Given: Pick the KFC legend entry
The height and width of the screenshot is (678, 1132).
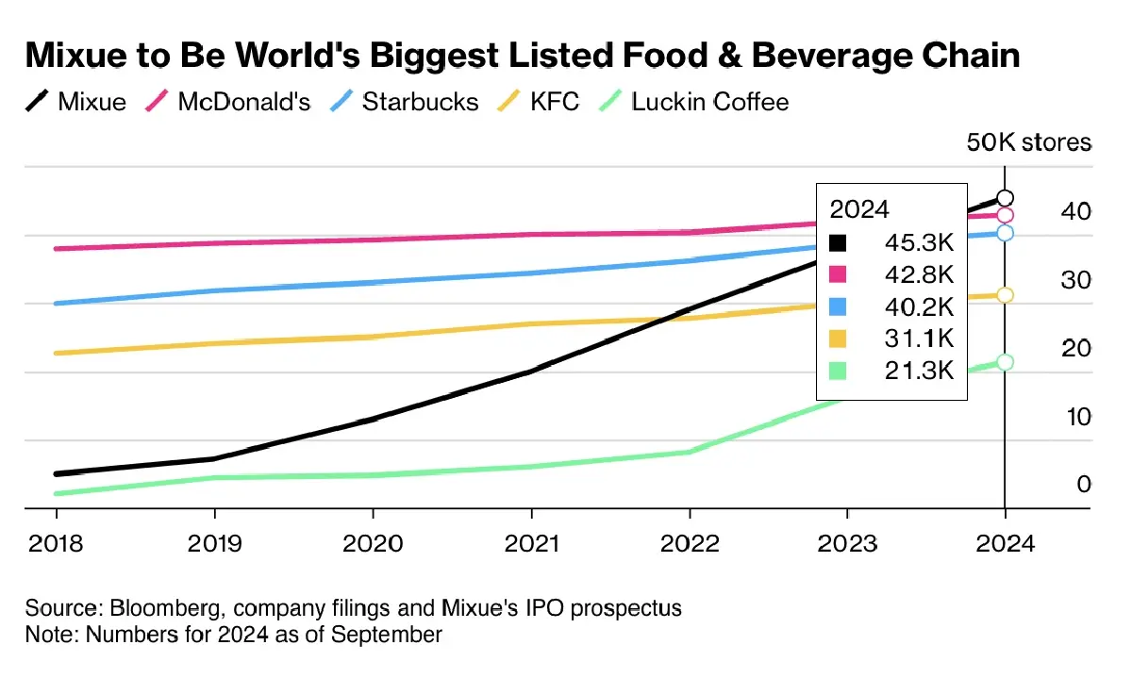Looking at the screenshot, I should pyautogui.click(x=554, y=102).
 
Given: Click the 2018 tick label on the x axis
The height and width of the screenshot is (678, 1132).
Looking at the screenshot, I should pyautogui.click(x=56, y=544).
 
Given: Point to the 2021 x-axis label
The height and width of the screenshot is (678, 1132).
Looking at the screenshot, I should pyautogui.click(x=531, y=544).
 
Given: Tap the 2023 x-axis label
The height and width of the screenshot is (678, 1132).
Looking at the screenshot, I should pyautogui.click(x=847, y=544).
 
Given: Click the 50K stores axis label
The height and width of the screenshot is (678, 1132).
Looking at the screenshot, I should pyautogui.click(x=1028, y=142).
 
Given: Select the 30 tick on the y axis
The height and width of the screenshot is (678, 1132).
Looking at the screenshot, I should pyautogui.click(x=1050, y=280).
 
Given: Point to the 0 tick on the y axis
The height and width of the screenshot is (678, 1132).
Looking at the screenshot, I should pyautogui.click(x=1057, y=485).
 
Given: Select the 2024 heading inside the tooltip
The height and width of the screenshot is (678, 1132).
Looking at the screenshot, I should pyautogui.click(x=859, y=209).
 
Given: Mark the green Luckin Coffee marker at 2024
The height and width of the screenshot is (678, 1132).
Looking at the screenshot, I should pyautogui.click(x=1005, y=362).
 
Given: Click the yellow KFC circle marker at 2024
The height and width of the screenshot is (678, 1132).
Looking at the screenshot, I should pyautogui.click(x=1005, y=295).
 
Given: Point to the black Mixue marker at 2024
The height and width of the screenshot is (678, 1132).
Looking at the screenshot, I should pyautogui.click(x=1005, y=198).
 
